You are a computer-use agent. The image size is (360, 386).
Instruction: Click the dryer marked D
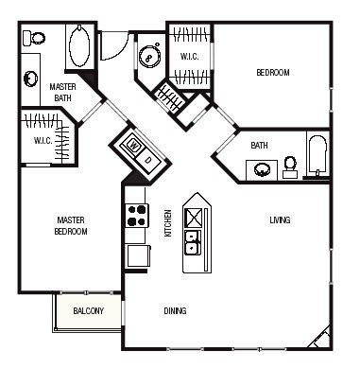148,160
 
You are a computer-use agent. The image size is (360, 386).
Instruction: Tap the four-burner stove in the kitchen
137,216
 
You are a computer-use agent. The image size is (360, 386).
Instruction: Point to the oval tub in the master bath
79,46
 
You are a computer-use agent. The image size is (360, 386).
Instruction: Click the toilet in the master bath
34,38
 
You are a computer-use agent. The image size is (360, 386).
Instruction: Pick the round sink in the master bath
31,79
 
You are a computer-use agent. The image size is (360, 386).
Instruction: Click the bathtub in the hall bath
317,155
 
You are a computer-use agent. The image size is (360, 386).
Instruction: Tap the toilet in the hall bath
290,167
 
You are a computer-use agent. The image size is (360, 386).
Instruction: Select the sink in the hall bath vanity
262,170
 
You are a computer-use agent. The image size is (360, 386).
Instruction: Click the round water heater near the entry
150,57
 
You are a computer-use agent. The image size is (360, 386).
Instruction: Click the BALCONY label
88,311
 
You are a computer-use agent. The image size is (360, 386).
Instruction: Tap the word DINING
175,311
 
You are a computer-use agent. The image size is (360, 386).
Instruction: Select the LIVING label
280,219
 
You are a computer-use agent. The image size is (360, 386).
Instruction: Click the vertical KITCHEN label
168,223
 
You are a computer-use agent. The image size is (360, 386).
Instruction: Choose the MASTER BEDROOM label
71,225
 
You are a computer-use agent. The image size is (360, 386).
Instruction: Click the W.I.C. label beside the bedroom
189,57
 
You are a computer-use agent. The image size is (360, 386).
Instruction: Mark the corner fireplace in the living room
320,338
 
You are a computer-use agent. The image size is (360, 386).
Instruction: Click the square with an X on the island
193,218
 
